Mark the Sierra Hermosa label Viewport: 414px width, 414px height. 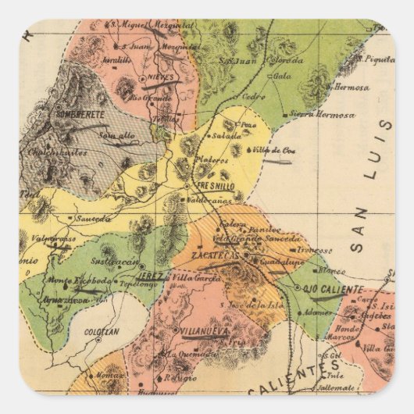(x=323, y=115)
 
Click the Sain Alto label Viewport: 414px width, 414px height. (x=116, y=135)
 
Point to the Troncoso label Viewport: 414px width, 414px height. (x=316, y=250)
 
